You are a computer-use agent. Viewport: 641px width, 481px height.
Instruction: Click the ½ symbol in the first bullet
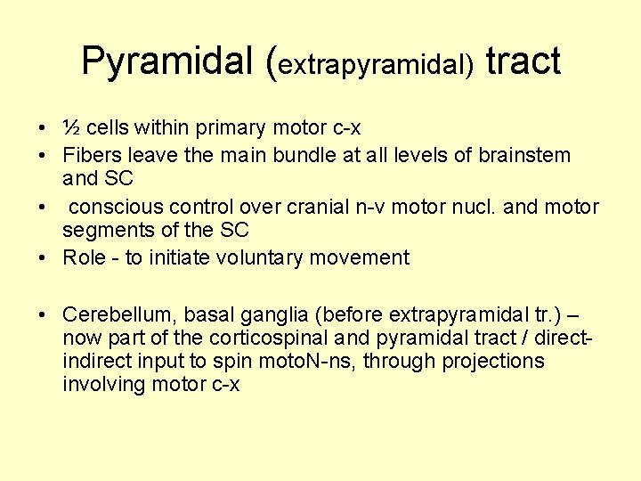click(72, 127)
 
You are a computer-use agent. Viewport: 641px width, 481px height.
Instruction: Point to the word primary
click(230, 128)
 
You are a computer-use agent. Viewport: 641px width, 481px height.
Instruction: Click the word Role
click(84, 258)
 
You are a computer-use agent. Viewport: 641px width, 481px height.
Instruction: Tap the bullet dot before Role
click(44, 258)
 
